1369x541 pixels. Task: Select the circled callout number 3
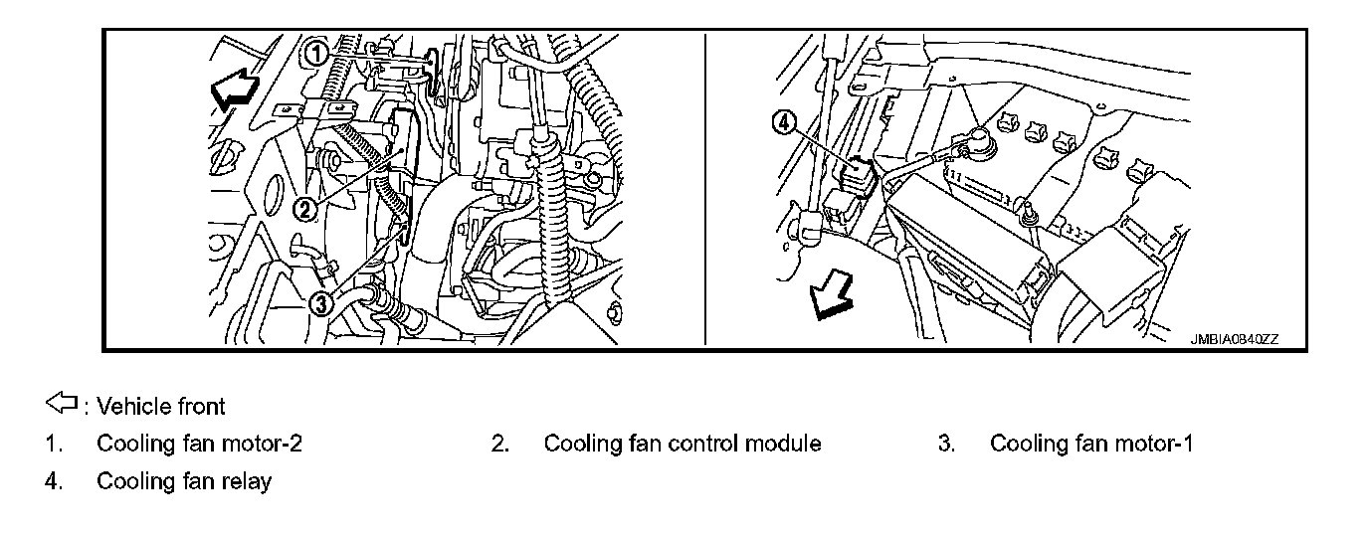click(x=320, y=303)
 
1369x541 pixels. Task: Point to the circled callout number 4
click(x=785, y=122)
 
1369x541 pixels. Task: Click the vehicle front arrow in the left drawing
click(x=234, y=92)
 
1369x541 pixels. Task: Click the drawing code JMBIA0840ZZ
click(x=1235, y=339)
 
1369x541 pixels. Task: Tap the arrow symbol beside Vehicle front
click(x=62, y=404)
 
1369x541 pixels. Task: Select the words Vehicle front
click(x=161, y=406)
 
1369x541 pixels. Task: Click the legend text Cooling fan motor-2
click(x=199, y=444)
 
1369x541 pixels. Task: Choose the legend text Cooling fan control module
click(x=682, y=444)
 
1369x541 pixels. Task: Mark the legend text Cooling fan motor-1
click(x=1090, y=444)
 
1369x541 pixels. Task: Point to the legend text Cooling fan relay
click(x=183, y=481)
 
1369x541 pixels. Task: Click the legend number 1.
click(x=53, y=444)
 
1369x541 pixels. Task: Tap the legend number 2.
click(x=499, y=444)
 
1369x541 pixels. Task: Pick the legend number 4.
click(x=53, y=481)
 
